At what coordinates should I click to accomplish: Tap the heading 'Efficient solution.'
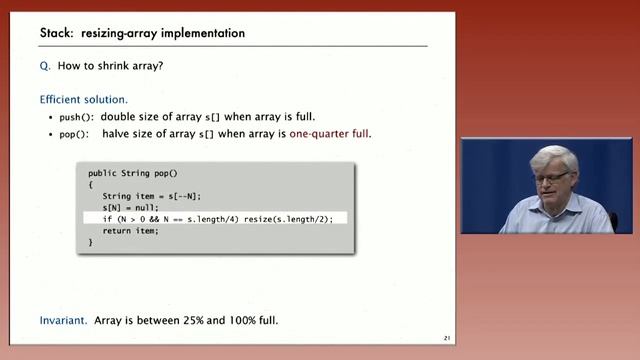coord(83,100)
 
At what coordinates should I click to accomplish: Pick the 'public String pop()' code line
coord(132,173)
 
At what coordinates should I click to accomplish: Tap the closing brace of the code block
coord(90,241)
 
